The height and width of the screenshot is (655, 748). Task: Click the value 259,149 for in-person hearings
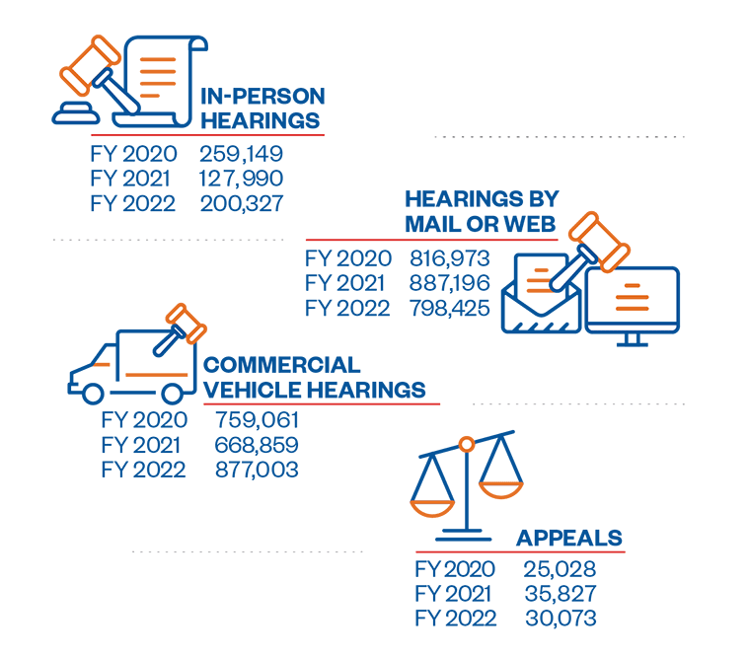(x=241, y=154)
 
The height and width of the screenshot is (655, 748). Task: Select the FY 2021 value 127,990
(x=241, y=179)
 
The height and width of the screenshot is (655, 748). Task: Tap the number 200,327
(x=241, y=204)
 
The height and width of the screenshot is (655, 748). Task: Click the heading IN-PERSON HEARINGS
(x=262, y=109)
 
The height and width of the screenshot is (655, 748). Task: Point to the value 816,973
(x=450, y=258)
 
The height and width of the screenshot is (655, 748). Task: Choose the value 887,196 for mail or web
(x=450, y=283)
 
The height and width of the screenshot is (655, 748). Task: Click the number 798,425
(x=450, y=308)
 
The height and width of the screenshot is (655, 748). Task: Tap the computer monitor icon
(x=632, y=301)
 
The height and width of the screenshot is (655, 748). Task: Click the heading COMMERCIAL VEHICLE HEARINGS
(x=314, y=377)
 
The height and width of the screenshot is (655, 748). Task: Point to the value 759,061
(x=257, y=420)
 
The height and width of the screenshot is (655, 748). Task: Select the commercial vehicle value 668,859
(x=257, y=445)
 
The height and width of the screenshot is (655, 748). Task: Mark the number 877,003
(x=257, y=470)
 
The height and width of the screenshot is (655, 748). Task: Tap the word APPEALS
(x=569, y=538)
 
